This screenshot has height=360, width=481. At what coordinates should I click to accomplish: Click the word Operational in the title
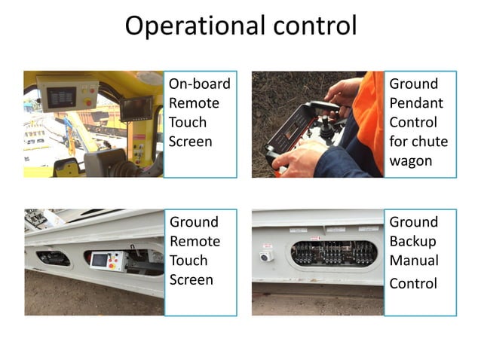coord(190,26)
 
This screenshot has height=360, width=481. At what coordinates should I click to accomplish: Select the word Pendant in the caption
coord(413,102)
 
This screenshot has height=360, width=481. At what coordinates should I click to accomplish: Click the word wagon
coord(410,160)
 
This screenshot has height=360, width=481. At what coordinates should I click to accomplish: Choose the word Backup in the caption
coord(412,241)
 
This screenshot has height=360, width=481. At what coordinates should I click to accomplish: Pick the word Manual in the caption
coord(413,261)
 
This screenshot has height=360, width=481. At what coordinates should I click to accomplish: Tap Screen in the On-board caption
coord(191,141)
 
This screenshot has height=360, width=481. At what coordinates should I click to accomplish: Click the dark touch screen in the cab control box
coord(61,96)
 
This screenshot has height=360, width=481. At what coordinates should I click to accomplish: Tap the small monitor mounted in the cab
coord(136,108)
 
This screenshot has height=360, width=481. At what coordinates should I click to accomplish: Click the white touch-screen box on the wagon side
coord(105,261)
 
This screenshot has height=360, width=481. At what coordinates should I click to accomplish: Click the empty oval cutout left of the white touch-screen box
coord(54,258)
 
